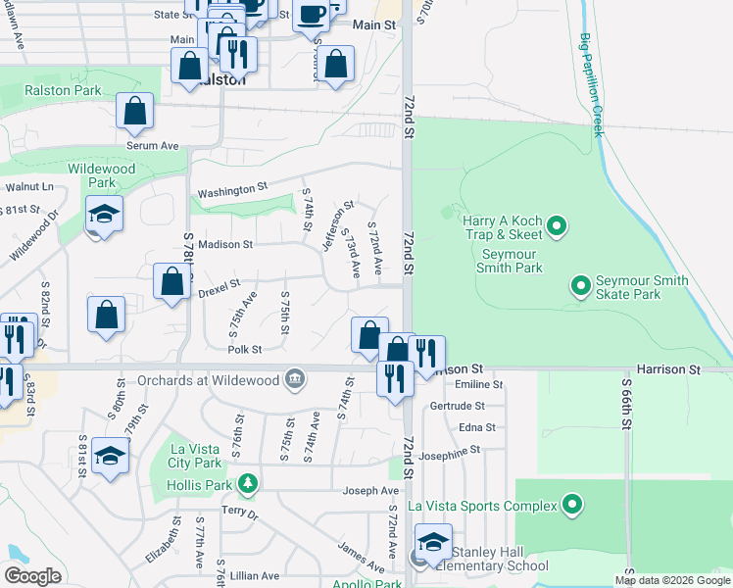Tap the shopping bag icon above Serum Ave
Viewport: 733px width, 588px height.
click(x=135, y=112)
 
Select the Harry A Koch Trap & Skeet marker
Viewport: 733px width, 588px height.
click(x=557, y=227)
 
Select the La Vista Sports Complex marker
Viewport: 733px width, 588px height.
click(x=573, y=506)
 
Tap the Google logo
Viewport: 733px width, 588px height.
click(x=33, y=575)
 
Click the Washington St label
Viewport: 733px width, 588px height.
click(x=232, y=188)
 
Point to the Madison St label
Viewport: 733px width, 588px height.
click(x=225, y=244)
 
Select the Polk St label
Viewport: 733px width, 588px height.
click(x=244, y=349)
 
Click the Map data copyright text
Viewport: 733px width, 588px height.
click(x=671, y=580)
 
